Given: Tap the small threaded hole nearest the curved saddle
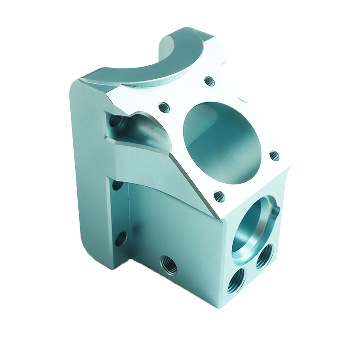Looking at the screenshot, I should [209, 81].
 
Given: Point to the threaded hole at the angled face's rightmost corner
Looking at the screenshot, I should [274, 156].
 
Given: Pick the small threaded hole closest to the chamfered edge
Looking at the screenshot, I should [219, 196].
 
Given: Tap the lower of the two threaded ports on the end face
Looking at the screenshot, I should [237, 281].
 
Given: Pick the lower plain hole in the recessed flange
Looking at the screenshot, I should [120, 238].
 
